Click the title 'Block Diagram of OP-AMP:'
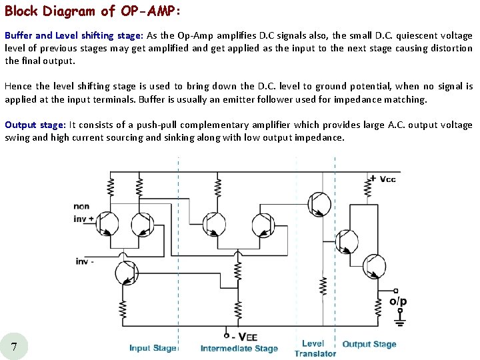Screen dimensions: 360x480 (x=93, y=11)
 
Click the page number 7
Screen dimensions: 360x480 (x=15, y=345)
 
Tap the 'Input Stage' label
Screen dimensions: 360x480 (x=153, y=348)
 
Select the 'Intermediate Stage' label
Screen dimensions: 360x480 (x=239, y=348)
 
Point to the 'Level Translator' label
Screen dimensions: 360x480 (x=315, y=348)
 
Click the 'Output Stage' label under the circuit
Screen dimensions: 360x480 (x=369, y=345)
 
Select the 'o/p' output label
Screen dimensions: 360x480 (x=398, y=301)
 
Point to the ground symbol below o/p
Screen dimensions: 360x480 (x=399, y=323)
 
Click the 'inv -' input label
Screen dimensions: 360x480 (x=85, y=261)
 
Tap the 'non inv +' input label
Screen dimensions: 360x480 (x=83, y=212)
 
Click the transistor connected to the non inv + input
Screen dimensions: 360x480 (x=107, y=224)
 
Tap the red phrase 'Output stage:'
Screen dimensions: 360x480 (x=35, y=125)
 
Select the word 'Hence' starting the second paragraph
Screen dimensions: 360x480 (x=19, y=86)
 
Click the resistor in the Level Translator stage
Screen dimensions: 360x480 (x=323, y=286)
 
